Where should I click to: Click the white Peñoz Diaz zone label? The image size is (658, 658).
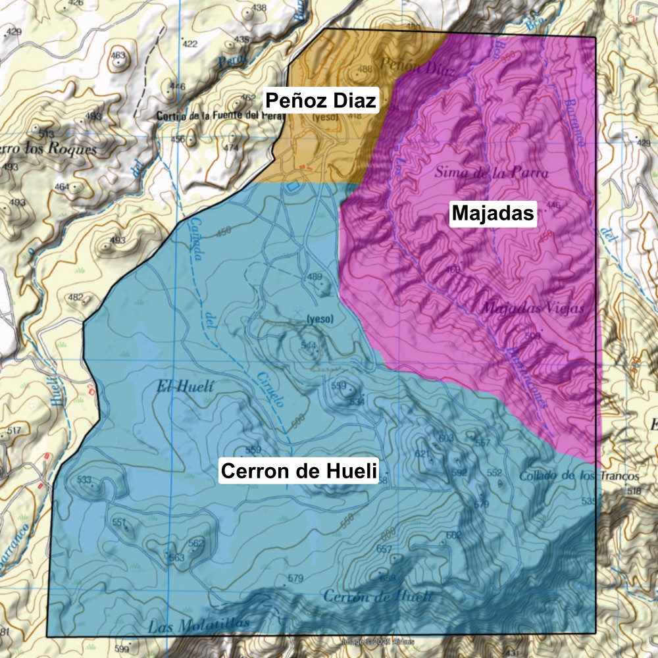coord(320,101)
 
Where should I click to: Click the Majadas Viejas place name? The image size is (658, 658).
coord(533,307)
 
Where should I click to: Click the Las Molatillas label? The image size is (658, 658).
coord(199,624)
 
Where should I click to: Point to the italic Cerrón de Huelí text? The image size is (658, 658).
coord(378,596)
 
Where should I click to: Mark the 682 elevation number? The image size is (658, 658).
coord(453,535)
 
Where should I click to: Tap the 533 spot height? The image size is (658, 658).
coord(84,480)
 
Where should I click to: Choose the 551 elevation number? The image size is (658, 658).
coord(119,522)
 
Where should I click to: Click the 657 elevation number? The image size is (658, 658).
coord(384,549)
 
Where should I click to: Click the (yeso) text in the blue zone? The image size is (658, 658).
coord(320,319)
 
